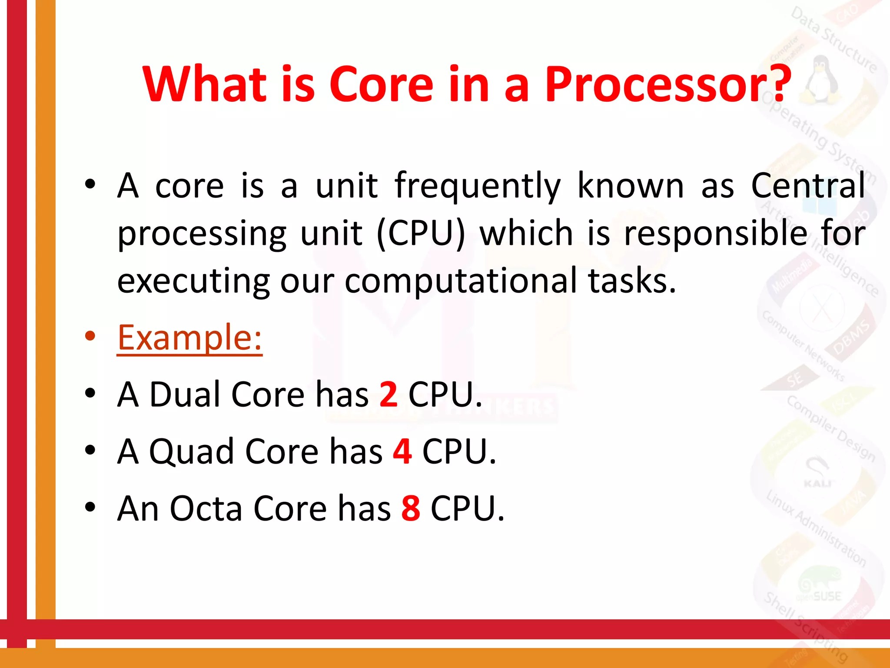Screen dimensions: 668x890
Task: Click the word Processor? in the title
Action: coord(668,85)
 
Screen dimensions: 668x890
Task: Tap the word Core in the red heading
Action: coord(381,85)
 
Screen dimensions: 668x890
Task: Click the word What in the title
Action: coord(204,85)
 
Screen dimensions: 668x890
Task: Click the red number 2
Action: coord(388,394)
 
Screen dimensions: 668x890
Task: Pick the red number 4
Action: coord(402,451)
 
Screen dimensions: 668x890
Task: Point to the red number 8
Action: coord(410,508)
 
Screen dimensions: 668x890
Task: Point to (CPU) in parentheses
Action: coord(421,234)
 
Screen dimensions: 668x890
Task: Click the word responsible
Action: coord(715,234)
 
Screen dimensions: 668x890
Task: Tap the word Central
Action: coord(808,186)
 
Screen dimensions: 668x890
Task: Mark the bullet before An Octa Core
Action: coord(90,507)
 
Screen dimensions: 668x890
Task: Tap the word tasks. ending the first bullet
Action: coord(632,281)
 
